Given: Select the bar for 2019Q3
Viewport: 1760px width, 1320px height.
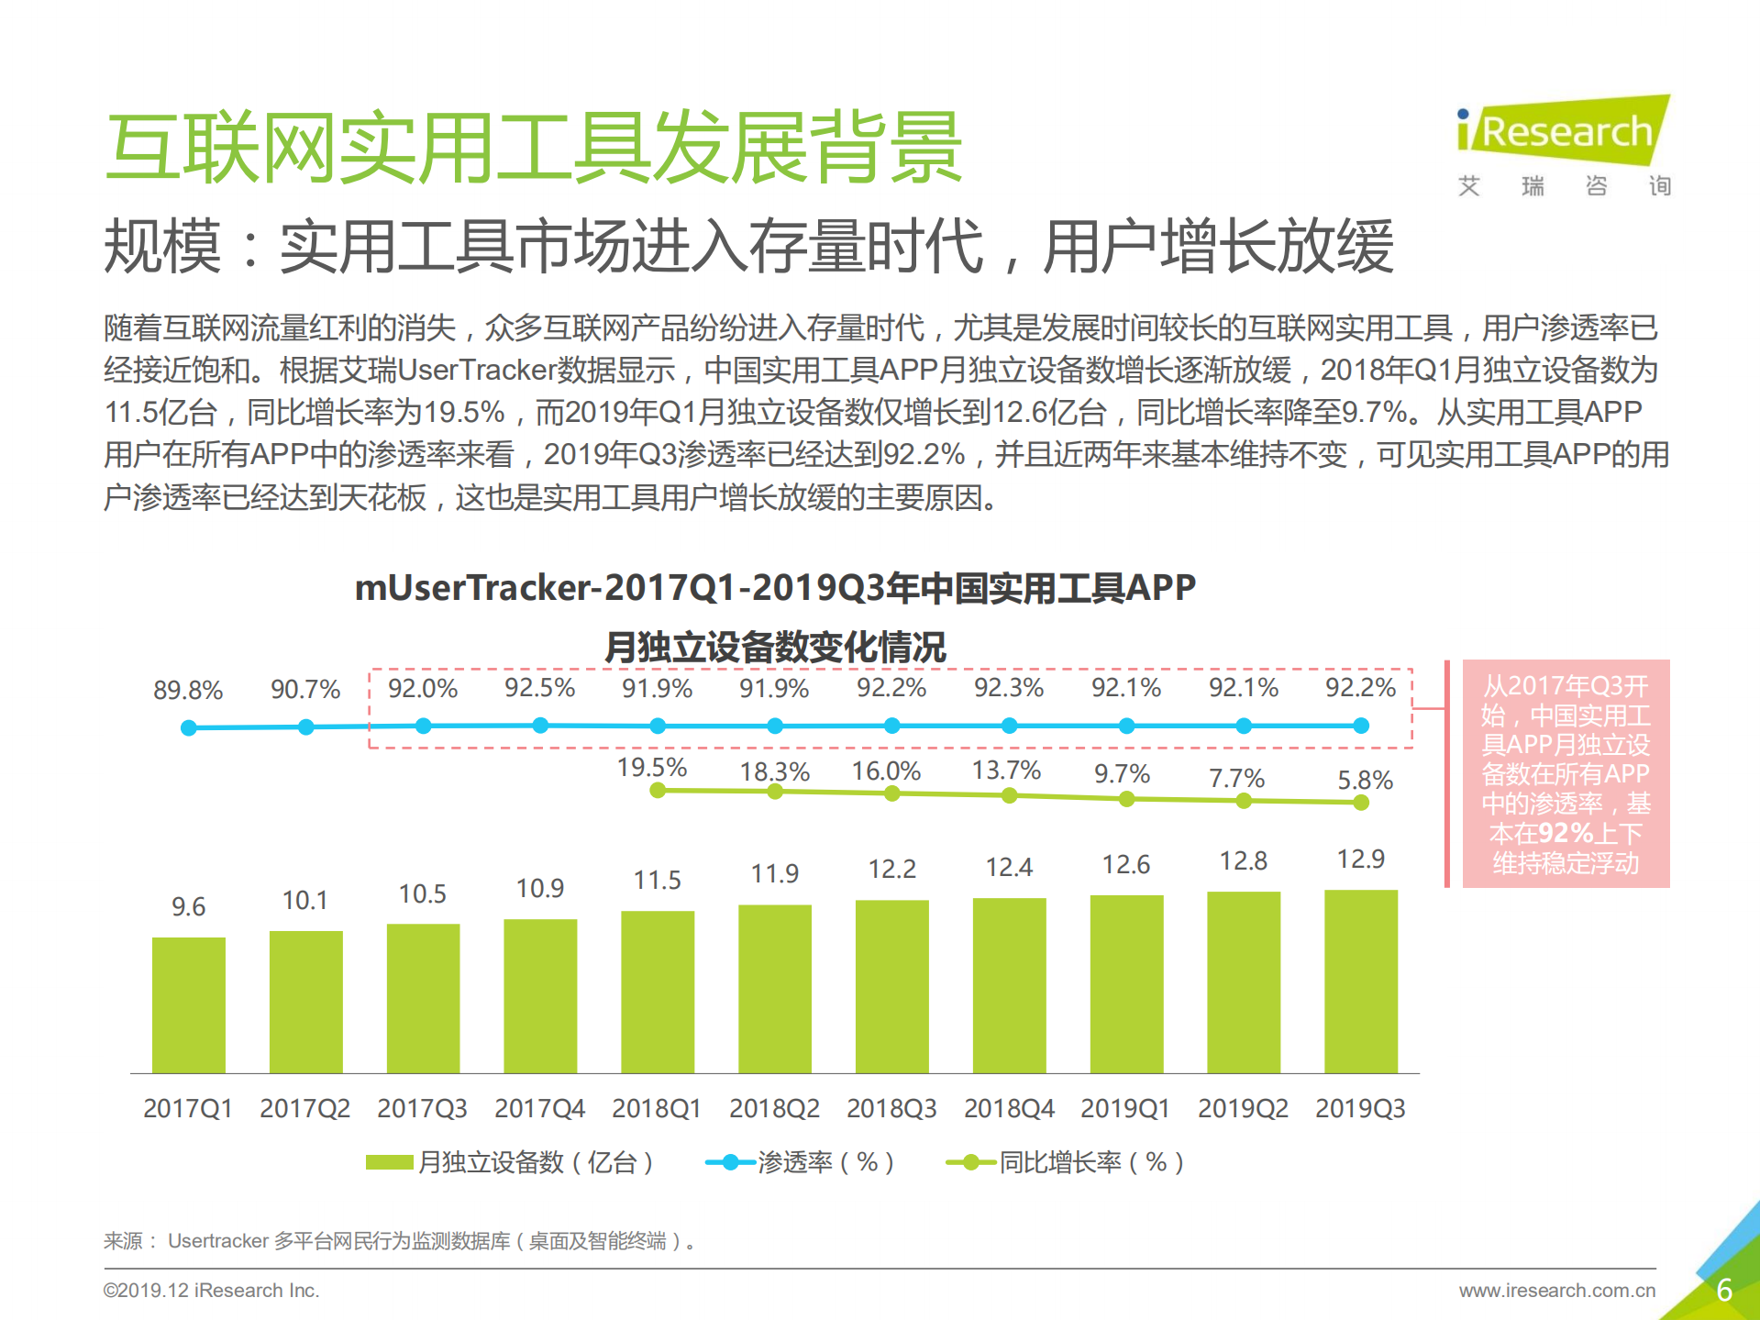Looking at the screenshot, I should pos(1360,981).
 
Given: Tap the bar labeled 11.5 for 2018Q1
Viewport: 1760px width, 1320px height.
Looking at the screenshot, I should pos(657,992).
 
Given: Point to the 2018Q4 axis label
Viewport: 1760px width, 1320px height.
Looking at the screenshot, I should pos(1008,1108).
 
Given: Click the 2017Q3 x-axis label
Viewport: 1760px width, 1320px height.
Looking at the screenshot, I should pos(422,1108).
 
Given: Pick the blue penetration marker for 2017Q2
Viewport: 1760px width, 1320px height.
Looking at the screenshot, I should pos(305,727).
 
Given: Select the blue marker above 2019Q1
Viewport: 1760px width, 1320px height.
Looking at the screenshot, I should pos(1126,726).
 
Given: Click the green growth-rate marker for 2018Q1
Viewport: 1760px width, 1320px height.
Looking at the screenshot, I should pos(657,790).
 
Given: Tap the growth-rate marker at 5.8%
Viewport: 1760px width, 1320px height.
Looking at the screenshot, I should pos(1360,803).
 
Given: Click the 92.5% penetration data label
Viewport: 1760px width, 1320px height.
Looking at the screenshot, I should pos(539,688).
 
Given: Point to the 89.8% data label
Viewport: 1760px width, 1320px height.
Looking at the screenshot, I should pos(188,690).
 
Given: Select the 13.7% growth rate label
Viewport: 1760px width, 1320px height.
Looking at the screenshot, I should pos(1006,770).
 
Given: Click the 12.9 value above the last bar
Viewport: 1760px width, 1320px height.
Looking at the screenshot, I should pos(1360,859).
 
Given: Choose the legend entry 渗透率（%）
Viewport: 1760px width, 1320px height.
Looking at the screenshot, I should pos(799,1162).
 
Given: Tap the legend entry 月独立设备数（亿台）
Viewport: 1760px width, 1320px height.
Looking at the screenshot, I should pos(510,1162).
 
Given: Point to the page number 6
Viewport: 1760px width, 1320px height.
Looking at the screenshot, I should pos(1723,1290).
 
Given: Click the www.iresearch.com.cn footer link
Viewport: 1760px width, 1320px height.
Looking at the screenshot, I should pos(1556,1290).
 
